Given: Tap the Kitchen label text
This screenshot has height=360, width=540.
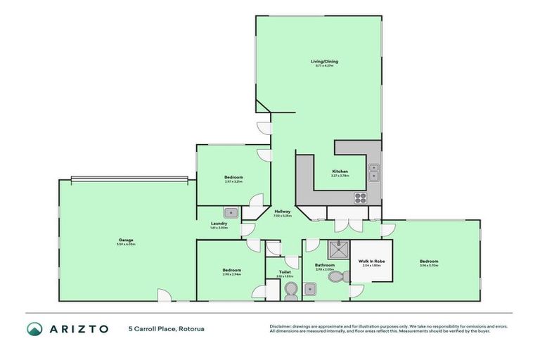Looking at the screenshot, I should point(340,172).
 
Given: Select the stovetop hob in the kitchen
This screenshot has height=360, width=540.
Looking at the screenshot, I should point(361,197).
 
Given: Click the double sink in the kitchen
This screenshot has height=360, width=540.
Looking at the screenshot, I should point(373,172).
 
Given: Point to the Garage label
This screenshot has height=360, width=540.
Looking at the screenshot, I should point(126,240).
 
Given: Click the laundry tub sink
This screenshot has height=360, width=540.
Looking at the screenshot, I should point(231,212).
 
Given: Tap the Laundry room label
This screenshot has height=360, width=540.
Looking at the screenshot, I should point(219,224).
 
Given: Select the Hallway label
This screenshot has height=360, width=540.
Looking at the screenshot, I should point(283,212).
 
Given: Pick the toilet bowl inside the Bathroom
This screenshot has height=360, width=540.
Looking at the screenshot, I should point(336,277).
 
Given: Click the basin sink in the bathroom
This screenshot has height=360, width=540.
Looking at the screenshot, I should point(309,287).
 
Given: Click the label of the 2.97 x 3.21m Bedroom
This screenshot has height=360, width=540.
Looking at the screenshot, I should point(233,177).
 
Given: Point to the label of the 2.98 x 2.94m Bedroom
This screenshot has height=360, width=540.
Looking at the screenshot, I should point(232,270).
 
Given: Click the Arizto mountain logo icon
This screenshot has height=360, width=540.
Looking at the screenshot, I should point(35,328).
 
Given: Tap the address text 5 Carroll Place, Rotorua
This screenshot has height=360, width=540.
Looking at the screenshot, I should point(166,328).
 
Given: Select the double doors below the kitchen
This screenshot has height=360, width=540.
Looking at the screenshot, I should point(345,224).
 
